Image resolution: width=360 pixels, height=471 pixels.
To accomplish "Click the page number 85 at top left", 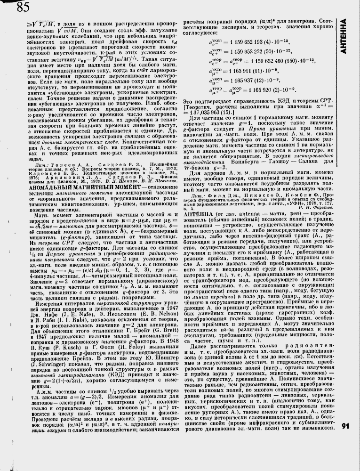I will pos(23,7).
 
